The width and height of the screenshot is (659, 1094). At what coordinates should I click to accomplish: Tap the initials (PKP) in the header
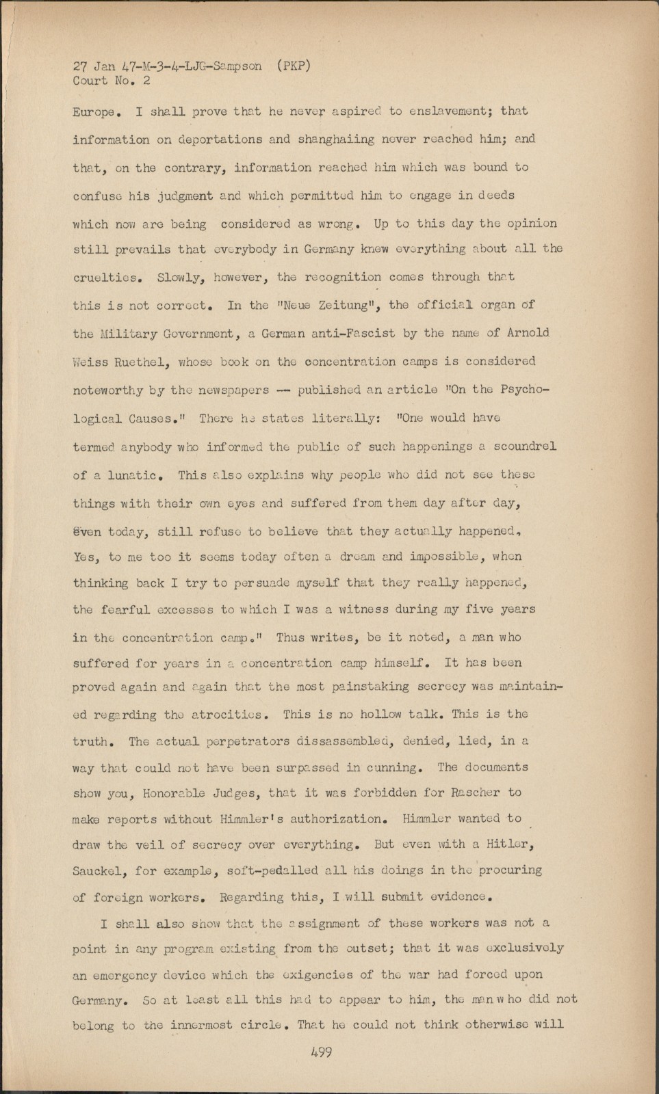coord(294,66)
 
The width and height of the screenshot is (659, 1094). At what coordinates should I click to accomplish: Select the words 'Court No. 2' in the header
coord(112,81)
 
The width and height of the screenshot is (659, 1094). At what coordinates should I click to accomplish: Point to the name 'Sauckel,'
coord(101,870)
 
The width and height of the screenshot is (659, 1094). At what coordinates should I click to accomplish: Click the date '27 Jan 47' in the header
coord(99,66)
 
